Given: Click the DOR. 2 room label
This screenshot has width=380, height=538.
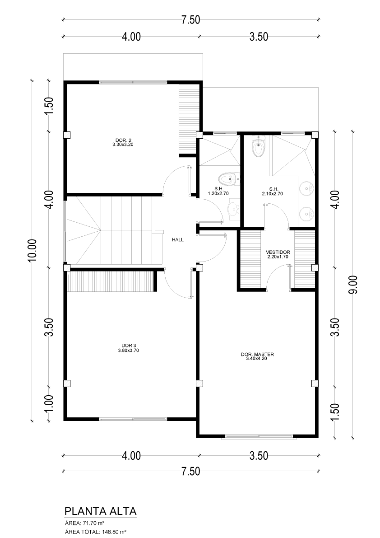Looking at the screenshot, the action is click(123, 140).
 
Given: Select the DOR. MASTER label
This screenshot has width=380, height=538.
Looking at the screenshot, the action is click(257, 355).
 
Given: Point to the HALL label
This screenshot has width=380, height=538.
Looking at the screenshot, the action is click(178, 240).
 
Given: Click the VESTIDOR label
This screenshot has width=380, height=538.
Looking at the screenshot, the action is click(278, 252).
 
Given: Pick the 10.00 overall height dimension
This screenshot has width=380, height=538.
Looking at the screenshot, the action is click(32, 250).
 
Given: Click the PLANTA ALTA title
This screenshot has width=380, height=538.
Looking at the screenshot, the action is click(100, 511).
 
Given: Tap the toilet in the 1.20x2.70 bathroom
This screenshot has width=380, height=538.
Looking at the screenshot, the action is click(228, 179).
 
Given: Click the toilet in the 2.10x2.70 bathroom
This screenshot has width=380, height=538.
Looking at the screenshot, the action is click(258, 146).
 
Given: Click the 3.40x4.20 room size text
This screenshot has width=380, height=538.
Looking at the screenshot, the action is click(256, 359).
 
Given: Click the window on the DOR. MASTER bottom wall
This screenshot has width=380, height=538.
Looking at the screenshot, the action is click(259, 437).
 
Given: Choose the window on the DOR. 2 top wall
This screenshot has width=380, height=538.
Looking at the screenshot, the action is click(133, 82).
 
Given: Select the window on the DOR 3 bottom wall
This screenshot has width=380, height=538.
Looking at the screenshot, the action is click(133, 419).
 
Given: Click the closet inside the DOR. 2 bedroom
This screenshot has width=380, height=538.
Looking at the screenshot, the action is click(189, 119).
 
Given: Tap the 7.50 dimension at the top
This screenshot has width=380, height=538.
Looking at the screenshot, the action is click(191, 20).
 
